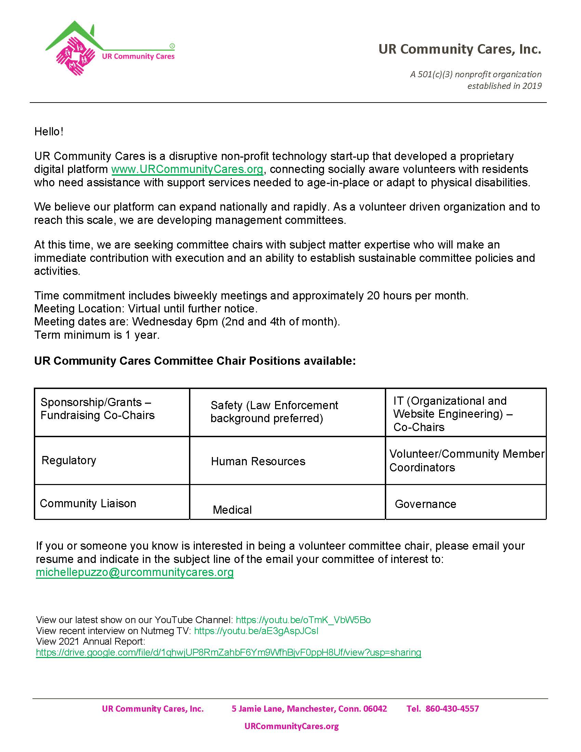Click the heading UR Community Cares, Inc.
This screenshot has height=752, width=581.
tap(459, 49)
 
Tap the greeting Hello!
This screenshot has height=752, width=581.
tap(49, 132)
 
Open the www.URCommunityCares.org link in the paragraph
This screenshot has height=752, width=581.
tap(187, 170)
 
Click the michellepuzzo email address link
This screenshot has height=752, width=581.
tap(135, 572)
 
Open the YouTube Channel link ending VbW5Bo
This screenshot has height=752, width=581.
tap(303, 620)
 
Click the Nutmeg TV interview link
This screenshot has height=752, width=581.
tap(256, 631)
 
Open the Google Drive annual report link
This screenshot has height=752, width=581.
tap(228, 652)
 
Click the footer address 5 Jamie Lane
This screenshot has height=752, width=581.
tap(309, 709)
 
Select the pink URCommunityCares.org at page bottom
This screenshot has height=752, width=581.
tap(292, 726)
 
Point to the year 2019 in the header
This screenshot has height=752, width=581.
tap(532, 86)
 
